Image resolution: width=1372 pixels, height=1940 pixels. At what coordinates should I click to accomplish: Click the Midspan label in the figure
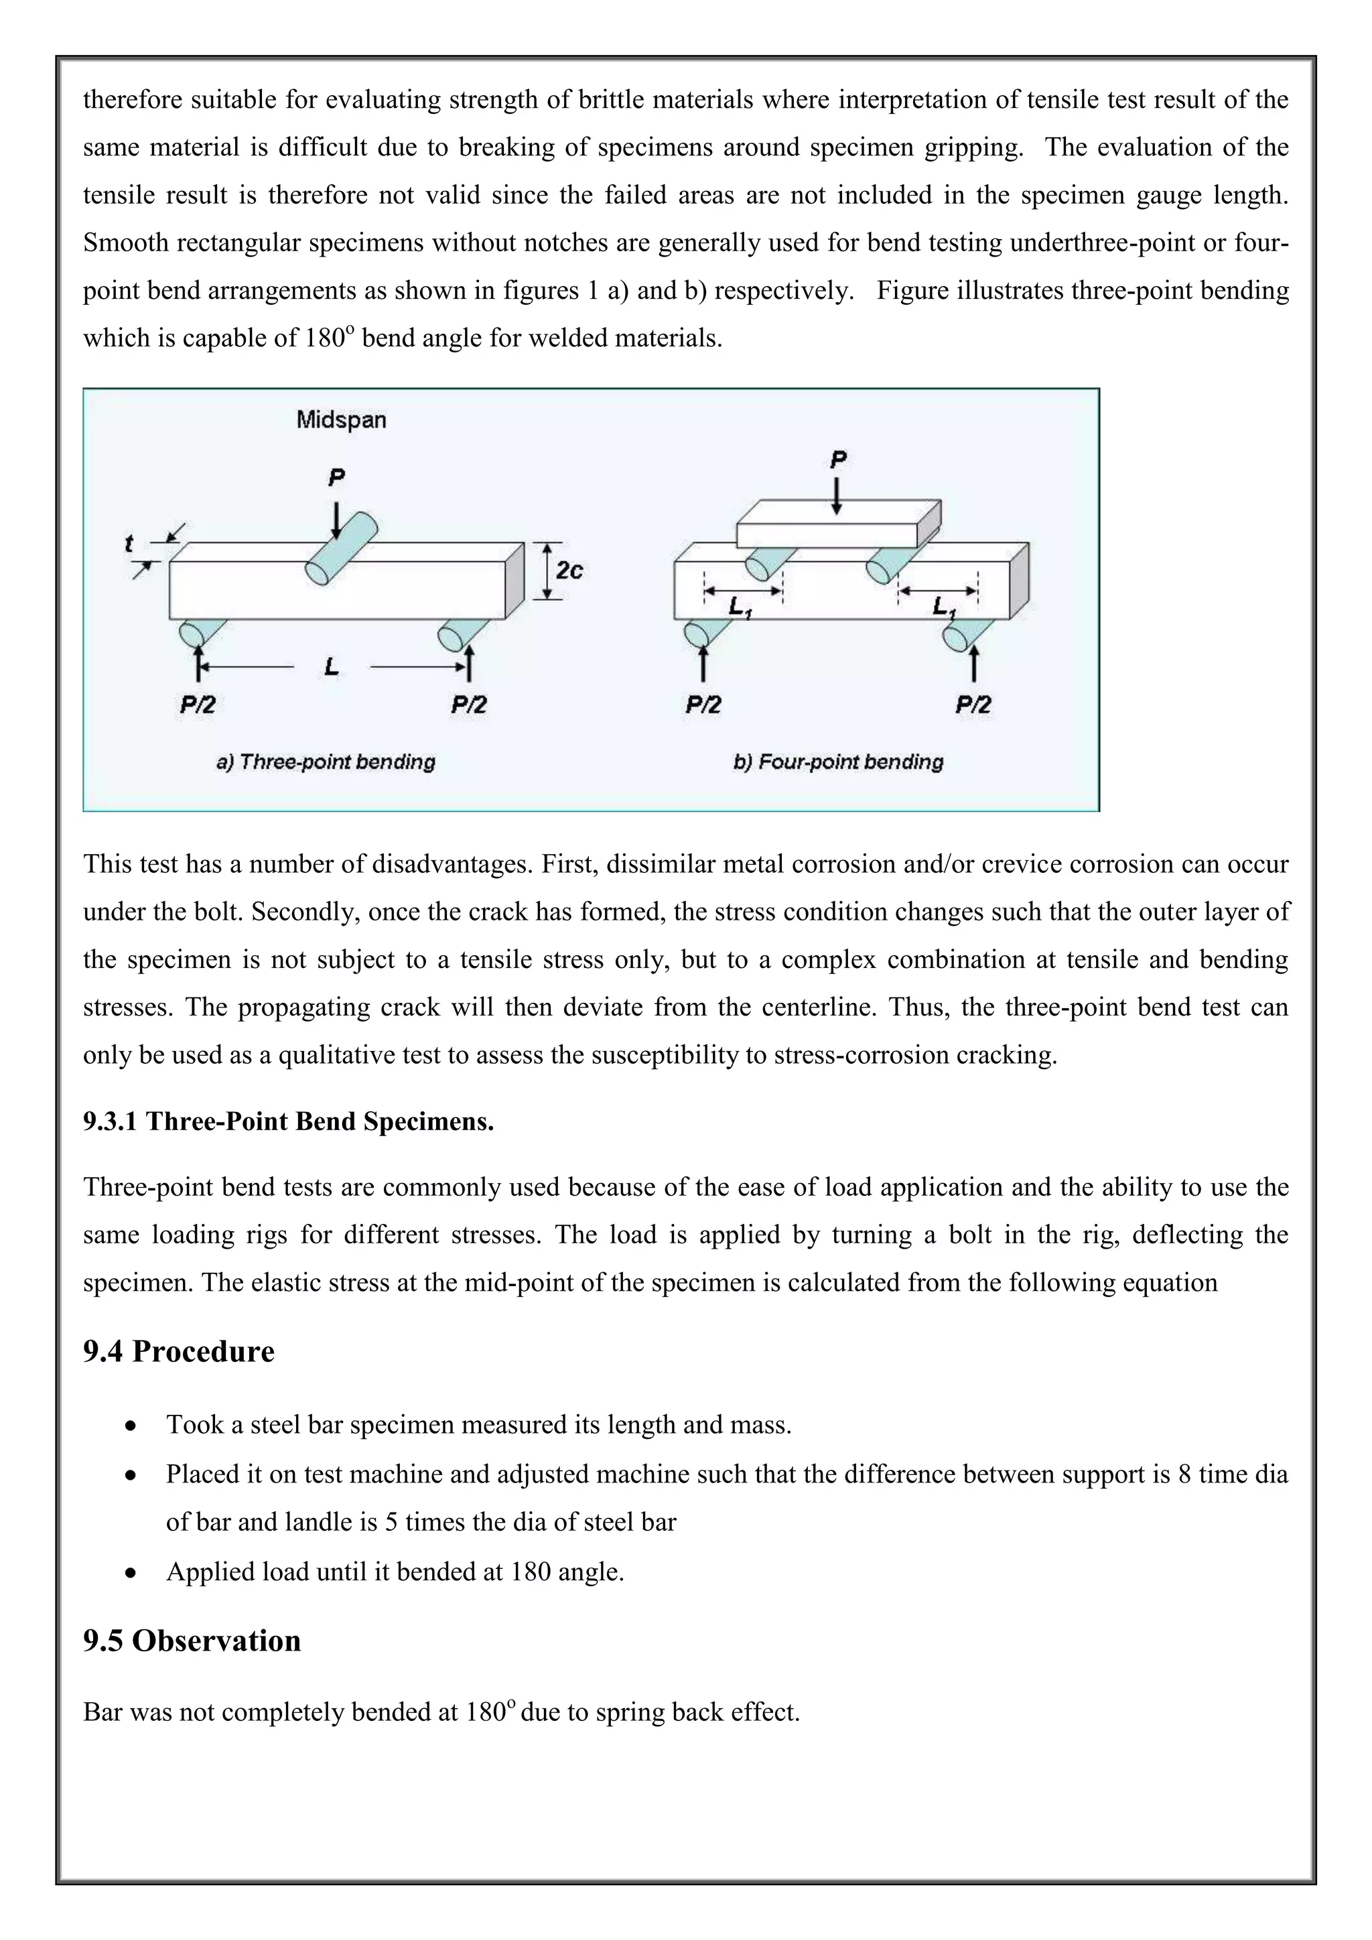coord(341,420)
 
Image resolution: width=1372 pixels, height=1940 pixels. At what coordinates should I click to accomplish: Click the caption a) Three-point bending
coord(326,762)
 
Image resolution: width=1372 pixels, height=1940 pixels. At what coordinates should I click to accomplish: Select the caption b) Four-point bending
coord(838,762)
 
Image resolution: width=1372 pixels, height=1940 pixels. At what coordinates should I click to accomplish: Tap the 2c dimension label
coord(569,571)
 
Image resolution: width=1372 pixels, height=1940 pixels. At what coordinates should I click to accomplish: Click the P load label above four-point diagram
coord(838,460)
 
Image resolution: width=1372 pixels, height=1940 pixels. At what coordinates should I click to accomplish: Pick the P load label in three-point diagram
coord(336,478)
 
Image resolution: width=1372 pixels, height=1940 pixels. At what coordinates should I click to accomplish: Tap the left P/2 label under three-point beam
coord(198,705)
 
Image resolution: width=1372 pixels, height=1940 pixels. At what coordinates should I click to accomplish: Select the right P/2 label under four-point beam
coord(973,705)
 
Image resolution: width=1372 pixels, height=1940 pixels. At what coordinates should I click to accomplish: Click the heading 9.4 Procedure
coord(178,1351)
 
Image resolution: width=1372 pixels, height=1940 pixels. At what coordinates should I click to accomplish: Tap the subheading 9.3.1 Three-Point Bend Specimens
coord(288,1121)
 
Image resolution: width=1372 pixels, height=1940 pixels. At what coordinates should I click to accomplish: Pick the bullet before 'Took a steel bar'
coord(130,1426)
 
